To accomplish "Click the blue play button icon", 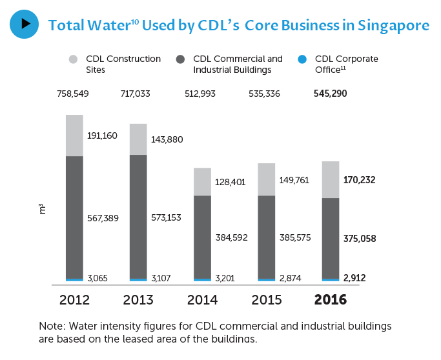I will [x=25, y=24].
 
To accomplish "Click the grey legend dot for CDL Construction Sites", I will [x=72, y=60].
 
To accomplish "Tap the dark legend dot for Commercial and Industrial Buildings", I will [x=180, y=60].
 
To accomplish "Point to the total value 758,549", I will [x=72, y=94].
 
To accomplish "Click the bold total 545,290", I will [x=330, y=94].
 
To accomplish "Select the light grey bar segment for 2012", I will [x=74, y=135].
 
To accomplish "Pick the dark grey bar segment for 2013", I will [x=138, y=216].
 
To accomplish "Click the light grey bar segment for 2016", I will [x=331, y=179].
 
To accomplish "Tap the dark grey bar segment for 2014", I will [x=202, y=237].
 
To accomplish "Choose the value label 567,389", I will [x=103, y=219].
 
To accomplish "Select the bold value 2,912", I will [x=358, y=279].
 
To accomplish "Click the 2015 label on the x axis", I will [x=266, y=301].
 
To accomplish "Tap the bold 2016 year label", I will [x=330, y=301].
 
